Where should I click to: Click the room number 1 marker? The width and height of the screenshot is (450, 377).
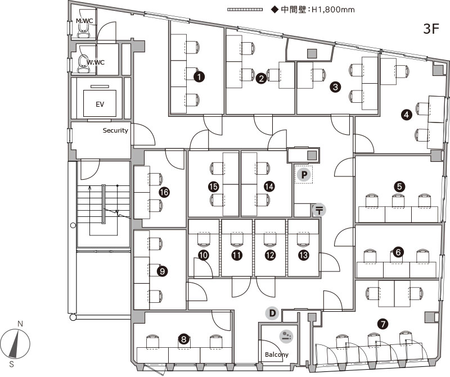[199, 76]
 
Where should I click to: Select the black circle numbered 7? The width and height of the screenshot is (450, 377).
[383, 324]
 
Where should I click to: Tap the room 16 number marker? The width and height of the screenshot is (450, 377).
[164, 192]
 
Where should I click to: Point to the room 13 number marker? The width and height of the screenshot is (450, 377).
[304, 255]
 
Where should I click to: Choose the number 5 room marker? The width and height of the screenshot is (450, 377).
[399, 187]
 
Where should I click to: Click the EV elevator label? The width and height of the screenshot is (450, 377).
[100, 105]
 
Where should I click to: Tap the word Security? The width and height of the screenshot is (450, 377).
[115, 130]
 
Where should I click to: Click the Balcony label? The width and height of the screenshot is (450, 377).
[277, 355]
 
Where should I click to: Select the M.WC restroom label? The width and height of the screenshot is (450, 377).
[84, 21]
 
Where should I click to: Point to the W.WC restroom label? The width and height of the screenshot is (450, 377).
[96, 62]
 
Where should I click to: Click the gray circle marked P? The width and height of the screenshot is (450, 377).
[304, 175]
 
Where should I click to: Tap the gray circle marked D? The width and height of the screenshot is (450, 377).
[272, 313]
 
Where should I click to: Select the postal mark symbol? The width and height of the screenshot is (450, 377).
[319, 210]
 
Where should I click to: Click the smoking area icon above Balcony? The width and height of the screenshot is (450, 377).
[286, 336]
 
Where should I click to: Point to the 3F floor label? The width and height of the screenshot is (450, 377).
[431, 29]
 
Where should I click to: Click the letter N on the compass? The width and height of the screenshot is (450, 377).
[20, 324]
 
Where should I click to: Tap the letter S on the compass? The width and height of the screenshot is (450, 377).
[11, 365]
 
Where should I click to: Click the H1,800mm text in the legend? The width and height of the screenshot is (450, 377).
[333, 10]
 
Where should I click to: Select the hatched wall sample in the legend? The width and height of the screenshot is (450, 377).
[245, 10]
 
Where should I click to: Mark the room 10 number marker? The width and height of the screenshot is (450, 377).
[204, 255]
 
